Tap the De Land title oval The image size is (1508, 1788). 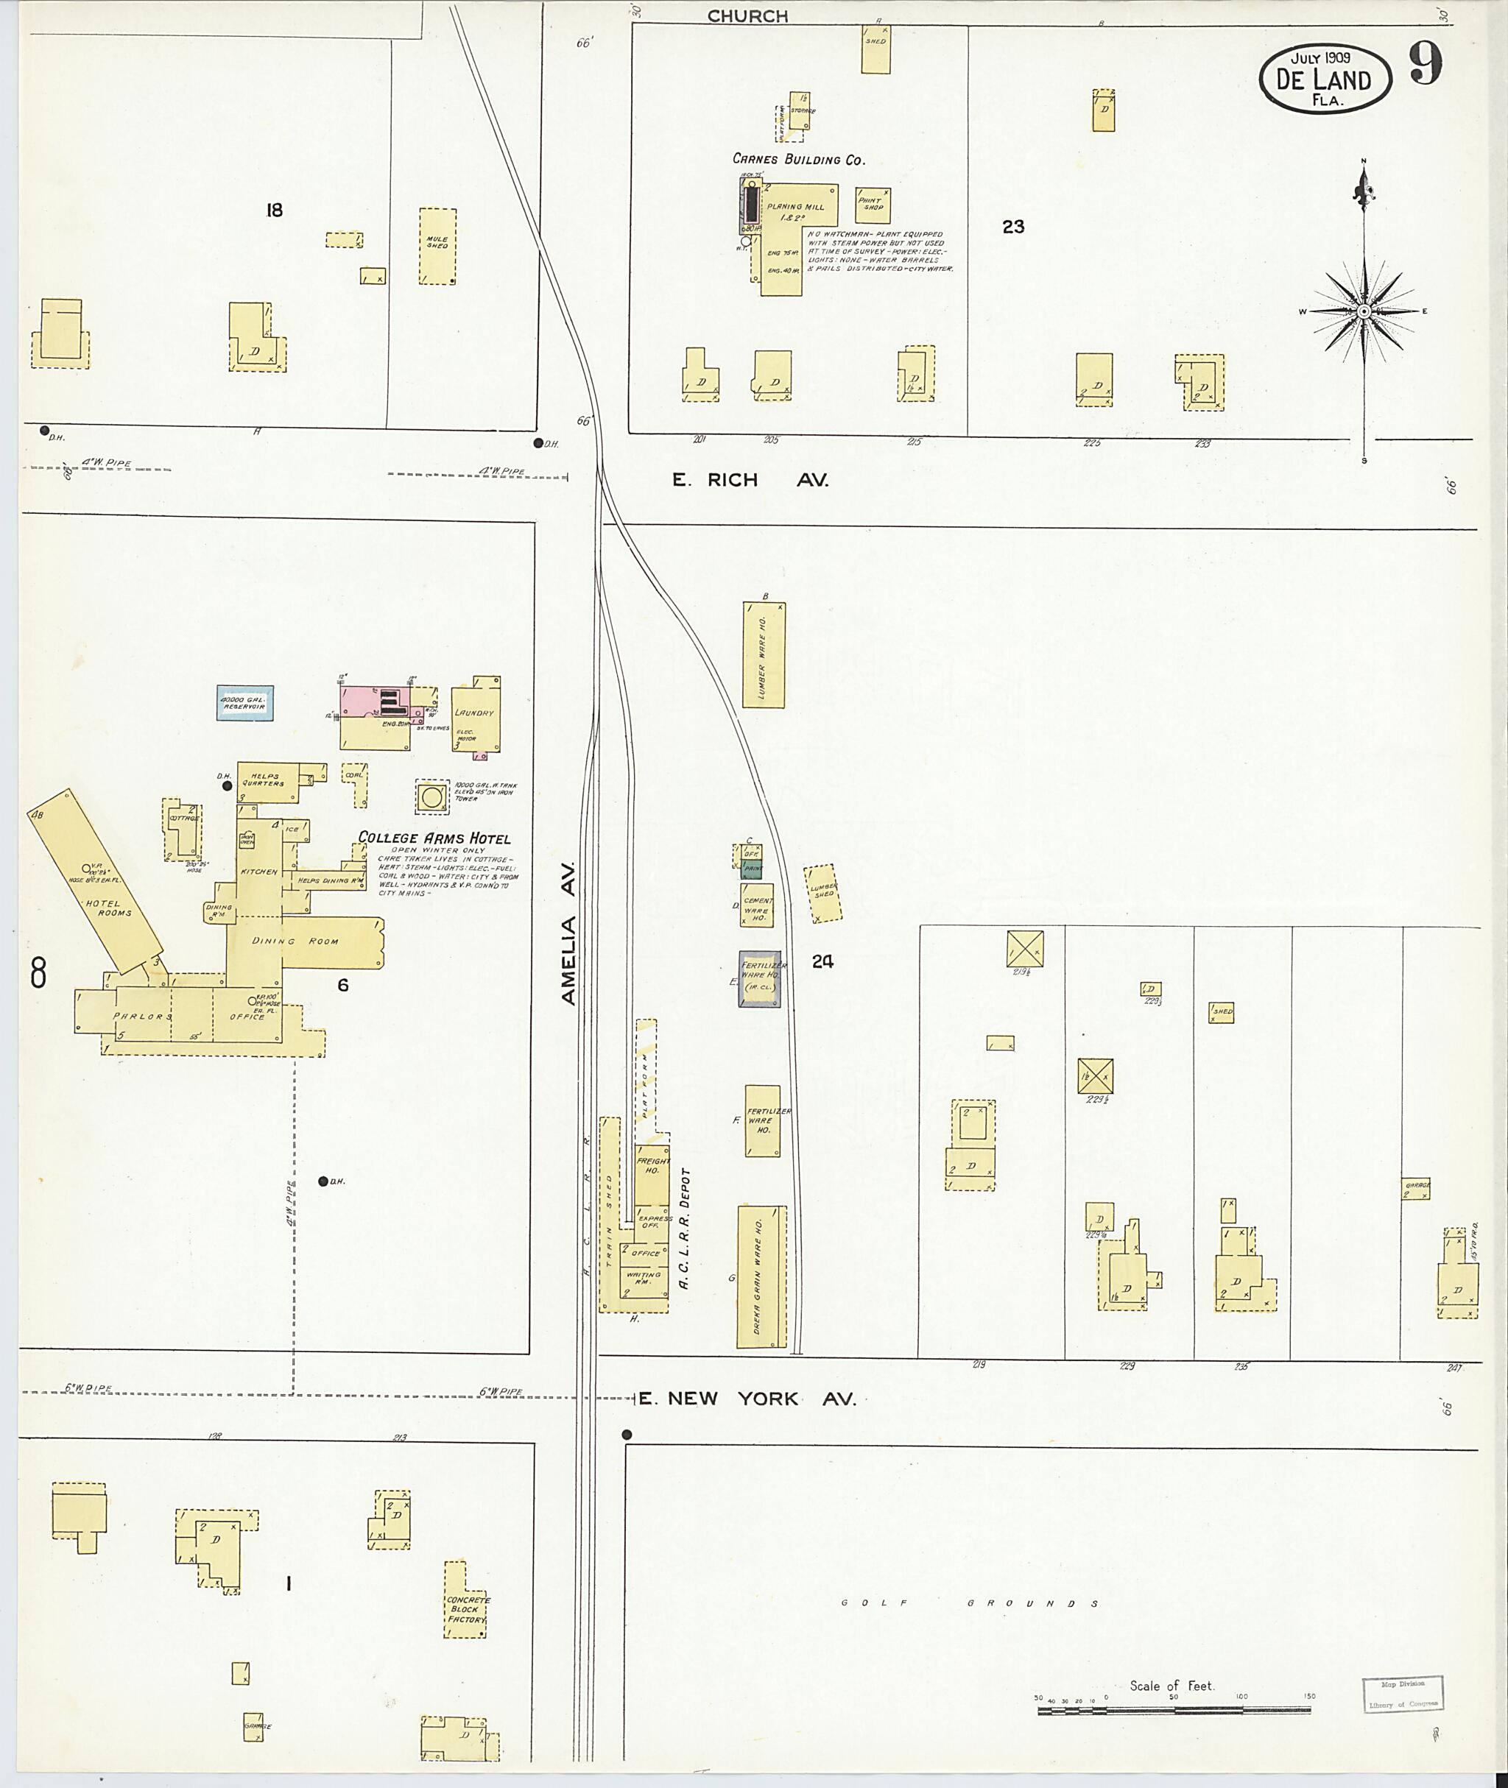(x=1324, y=79)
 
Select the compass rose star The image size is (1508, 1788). (x=1364, y=312)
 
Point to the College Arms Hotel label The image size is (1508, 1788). (x=434, y=838)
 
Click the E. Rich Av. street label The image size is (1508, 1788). (x=750, y=481)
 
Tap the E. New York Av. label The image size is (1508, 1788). (x=747, y=1399)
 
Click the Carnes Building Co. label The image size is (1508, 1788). (x=798, y=159)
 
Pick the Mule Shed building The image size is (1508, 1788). (x=437, y=245)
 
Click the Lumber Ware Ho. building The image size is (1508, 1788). (x=764, y=654)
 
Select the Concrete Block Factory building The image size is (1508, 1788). (x=466, y=1609)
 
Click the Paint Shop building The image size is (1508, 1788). (x=873, y=205)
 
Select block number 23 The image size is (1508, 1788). (x=1013, y=227)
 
